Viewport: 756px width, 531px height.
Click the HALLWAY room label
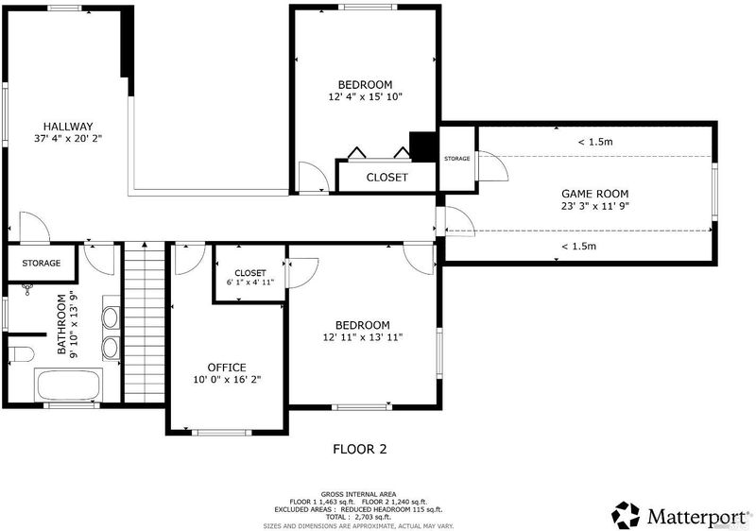68,127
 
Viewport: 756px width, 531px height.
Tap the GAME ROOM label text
595,194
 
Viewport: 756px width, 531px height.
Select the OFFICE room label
227,368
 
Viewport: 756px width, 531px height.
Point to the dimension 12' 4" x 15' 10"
366,97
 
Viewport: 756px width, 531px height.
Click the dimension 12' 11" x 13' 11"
363,337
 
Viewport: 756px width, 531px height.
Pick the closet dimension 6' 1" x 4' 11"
250,283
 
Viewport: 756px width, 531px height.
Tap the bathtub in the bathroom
68,385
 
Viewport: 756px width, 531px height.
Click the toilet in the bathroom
21,354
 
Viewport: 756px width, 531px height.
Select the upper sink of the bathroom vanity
111,317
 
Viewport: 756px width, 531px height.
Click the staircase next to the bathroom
145,323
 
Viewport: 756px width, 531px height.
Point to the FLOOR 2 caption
360,449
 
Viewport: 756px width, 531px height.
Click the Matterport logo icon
626,515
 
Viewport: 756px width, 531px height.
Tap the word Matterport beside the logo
696,517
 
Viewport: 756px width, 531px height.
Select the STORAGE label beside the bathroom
42,263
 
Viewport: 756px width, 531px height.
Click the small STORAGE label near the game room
456,159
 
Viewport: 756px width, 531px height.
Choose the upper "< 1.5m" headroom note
595,142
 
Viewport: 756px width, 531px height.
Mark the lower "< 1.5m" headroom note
578,247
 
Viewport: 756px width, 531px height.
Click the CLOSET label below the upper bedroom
387,178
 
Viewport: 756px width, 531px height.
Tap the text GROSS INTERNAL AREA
359,494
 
